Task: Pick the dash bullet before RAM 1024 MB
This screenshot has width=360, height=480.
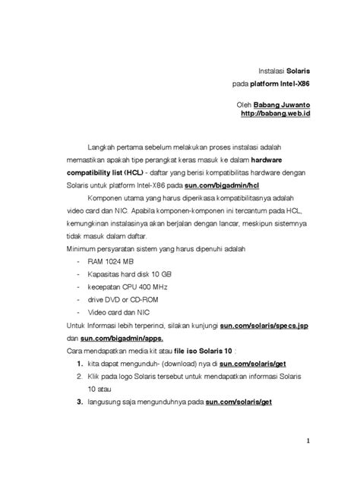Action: coord(81,261)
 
